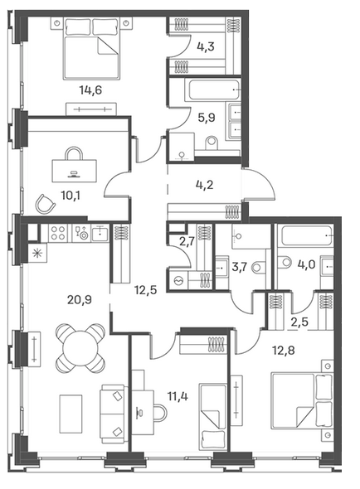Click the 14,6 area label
(x=90, y=90)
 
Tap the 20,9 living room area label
(x=80, y=300)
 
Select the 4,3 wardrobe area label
(x=206, y=46)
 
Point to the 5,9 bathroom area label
(x=207, y=118)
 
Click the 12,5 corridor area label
(x=145, y=290)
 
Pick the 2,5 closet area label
(x=299, y=322)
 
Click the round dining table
(x=80, y=348)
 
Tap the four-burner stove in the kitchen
(x=58, y=233)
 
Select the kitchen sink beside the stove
(x=100, y=233)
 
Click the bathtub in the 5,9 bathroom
(x=212, y=90)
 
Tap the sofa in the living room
(x=114, y=414)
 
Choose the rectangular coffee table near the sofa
(x=71, y=414)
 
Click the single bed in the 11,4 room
(x=212, y=416)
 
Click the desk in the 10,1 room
(x=75, y=171)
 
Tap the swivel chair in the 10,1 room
(x=46, y=204)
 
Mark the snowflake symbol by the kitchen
(x=37, y=253)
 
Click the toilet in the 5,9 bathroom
(x=212, y=142)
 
